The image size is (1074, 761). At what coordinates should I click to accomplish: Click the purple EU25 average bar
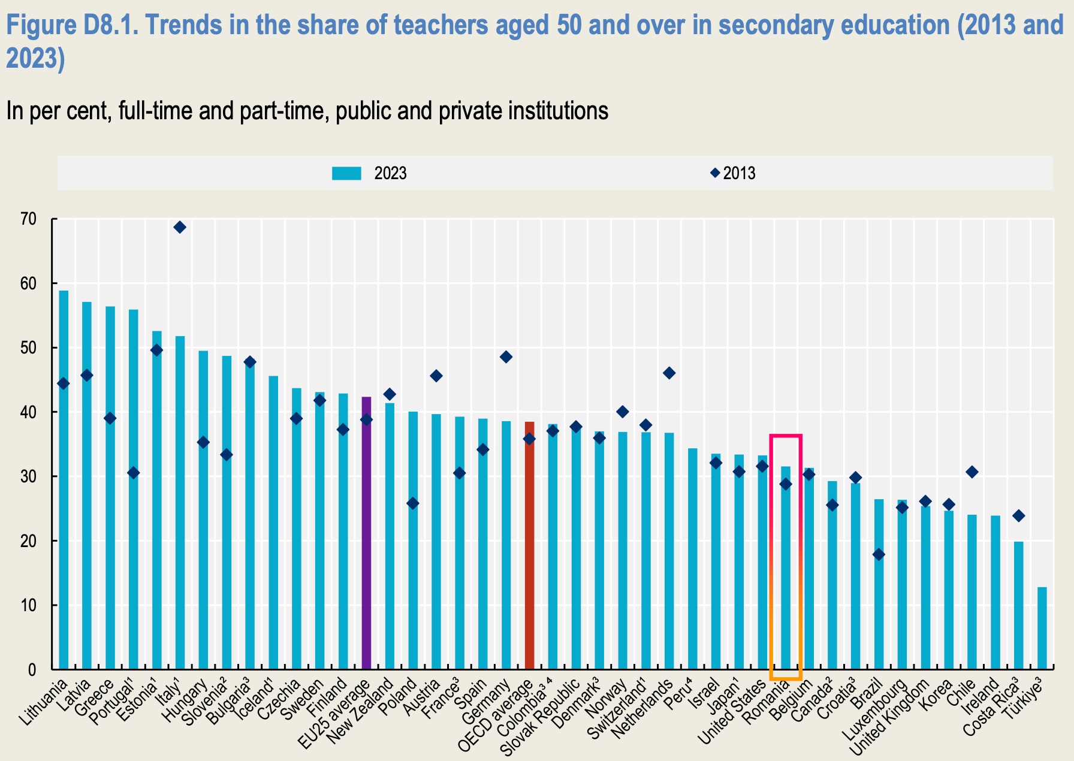click(366, 533)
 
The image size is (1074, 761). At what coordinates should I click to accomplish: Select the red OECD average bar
click(529, 545)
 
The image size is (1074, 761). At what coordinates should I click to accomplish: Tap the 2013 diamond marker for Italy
click(180, 227)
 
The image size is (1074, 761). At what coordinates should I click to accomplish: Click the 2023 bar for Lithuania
click(64, 479)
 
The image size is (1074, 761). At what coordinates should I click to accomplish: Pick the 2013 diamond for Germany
click(506, 357)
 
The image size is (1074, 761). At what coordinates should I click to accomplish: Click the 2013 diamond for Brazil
click(879, 555)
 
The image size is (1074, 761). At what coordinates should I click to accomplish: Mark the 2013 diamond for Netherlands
click(669, 373)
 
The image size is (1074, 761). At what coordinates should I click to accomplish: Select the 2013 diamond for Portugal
click(133, 473)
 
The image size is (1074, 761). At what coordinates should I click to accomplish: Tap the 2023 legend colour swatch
click(346, 174)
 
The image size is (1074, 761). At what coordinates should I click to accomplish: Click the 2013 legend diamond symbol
click(714, 173)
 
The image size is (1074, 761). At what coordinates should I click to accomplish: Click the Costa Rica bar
click(1019, 605)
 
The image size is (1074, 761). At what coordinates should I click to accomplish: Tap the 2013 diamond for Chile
click(972, 472)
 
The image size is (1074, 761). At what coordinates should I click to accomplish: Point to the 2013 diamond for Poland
click(413, 503)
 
